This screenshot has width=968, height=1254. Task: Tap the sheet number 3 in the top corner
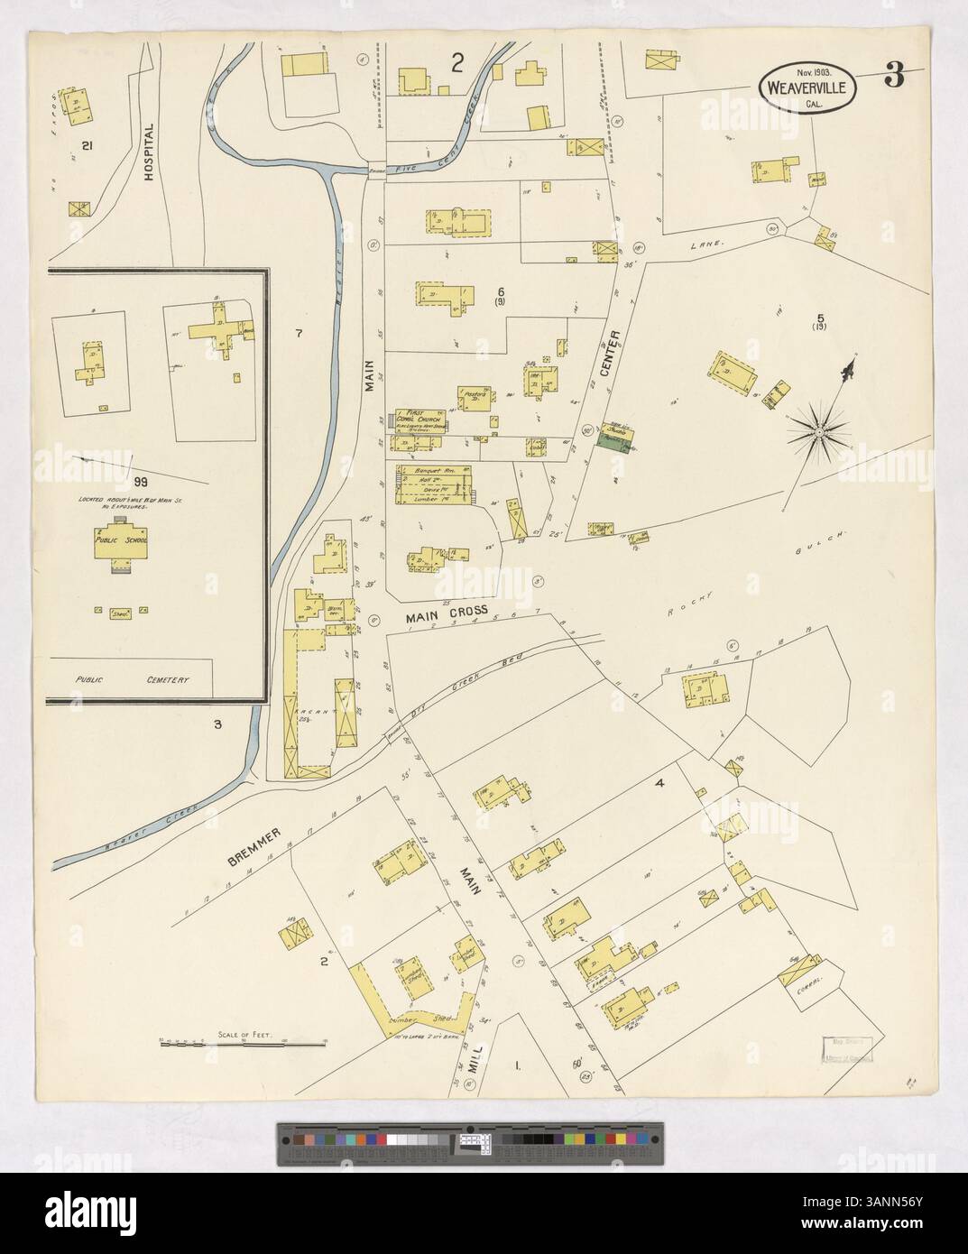pos(893,78)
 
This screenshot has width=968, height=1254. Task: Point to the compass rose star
pos(817,434)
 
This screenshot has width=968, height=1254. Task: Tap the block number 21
pos(87,145)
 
